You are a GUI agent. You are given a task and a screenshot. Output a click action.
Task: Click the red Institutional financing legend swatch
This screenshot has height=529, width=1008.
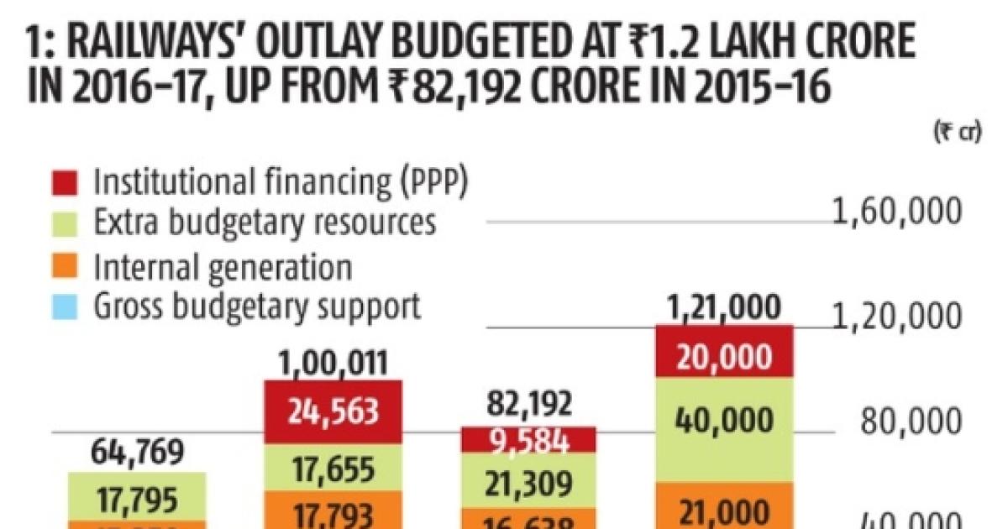pyautogui.click(x=71, y=181)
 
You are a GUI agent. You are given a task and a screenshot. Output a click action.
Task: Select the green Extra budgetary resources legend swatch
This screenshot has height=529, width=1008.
pyautogui.click(x=71, y=223)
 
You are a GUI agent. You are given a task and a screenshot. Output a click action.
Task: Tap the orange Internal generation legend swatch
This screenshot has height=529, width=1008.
pyautogui.click(x=71, y=266)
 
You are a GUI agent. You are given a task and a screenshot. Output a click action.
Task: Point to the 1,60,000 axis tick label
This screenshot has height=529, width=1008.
pyautogui.click(x=896, y=212)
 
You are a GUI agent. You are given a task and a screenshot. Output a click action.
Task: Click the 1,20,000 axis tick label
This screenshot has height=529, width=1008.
pyautogui.click(x=896, y=317)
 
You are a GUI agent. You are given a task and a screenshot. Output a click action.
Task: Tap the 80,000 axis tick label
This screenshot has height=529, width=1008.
pyautogui.click(x=908, y=421)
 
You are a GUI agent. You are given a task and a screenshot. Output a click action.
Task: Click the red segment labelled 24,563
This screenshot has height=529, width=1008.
pyautogui.click(x=333, y=411)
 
